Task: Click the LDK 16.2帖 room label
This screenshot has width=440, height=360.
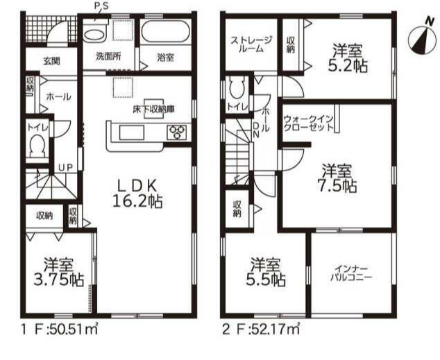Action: pyautogui.click(x=137, y=194)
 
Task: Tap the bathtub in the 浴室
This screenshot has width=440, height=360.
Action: pyautogui.click(x=166, y=31)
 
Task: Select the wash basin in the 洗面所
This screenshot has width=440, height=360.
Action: pyautogui.click(x=96, y=35)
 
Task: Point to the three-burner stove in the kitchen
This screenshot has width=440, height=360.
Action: pyautogui.click(x=177, y=132)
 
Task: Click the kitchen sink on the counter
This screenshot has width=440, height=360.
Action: pyautogui.click(x=132, y=132)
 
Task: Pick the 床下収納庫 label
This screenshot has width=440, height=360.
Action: pyautogui.click(x=154, y=109)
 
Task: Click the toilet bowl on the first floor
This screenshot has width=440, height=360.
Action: pyautogui.click(x=37, y=146)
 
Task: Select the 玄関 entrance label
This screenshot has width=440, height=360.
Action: pyautogui.click(x=51, y=60)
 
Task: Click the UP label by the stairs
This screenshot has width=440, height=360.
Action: pyautogui.click(x=65, y=168)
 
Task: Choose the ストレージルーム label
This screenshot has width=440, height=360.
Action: pyautogui.click(x=251, y=44)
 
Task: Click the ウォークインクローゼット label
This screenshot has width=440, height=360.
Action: pyautogui.click(x=308, y=123)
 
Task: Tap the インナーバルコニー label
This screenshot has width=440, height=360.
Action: pyautogui.click(x=350, y=273)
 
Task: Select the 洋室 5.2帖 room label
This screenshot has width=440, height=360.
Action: pyautogui.click(x=350, y=58)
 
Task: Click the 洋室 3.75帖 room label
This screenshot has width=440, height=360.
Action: pyautogui.click(x=59, y=271)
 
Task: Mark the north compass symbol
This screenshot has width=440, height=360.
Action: pyautogui.click(x=422, y=40)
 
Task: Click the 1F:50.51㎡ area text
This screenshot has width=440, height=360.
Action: pyautogui.click(x=60, y=329)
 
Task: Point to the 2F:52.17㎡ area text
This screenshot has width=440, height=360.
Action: pyautogui.click(x=261, y=329)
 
